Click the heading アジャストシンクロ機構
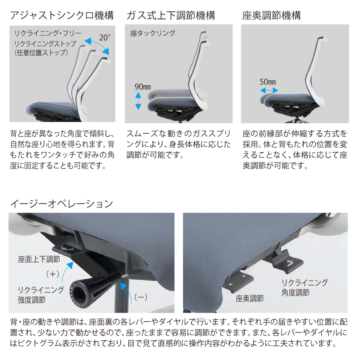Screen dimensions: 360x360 coord(62,15)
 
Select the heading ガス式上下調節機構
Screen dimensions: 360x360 coord(171,15)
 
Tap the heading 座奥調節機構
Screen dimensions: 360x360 coord(271,15)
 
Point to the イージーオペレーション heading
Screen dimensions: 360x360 coord(62,204)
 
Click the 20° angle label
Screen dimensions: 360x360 coord(105,38)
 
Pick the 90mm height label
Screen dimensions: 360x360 coord(143,87)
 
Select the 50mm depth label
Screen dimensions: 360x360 coord(268,82)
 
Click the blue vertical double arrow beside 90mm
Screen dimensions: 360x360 coord(138,101)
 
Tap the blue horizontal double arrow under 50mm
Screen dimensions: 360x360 coord(269,90)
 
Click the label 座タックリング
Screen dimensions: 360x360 coord(153,33)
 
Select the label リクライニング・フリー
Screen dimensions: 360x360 coord(48,33)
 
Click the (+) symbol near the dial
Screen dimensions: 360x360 coord(52,274)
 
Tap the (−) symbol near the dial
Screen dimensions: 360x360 coord(140,297)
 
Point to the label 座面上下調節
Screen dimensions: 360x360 coord(39,259)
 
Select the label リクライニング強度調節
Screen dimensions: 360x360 coord(41,295)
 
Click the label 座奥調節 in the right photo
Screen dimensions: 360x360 coord(250,298)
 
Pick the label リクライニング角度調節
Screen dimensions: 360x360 coord(305,288)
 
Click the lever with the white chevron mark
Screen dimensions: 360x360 coord(288,263)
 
